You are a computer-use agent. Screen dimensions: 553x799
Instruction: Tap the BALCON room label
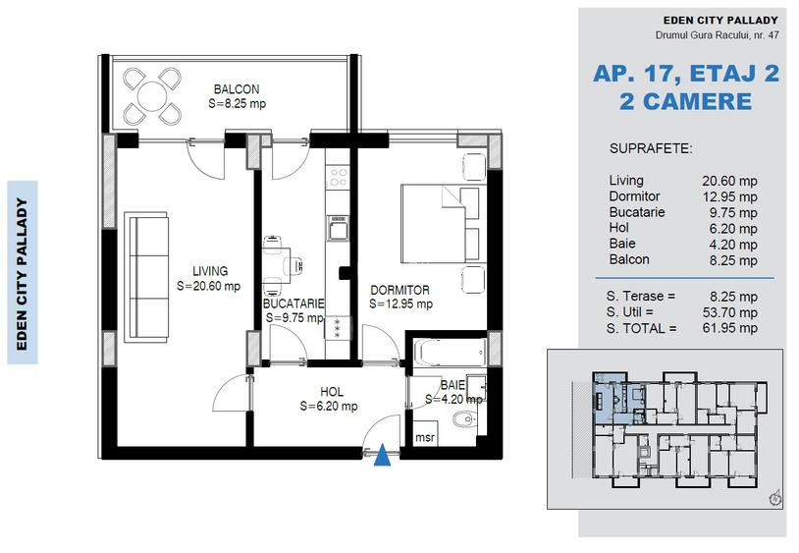point(236,89)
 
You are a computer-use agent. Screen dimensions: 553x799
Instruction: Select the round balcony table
point(153,95)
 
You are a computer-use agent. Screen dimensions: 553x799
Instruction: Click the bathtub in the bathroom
point(448,352)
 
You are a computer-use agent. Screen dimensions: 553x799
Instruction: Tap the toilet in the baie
point(458,421)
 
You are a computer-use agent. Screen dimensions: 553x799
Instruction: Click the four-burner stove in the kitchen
point(339,178)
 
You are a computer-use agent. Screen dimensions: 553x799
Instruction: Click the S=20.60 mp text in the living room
point(208,286)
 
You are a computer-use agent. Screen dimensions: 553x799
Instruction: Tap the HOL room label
point(331,392)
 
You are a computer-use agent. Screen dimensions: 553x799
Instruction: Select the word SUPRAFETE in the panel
point(651,149)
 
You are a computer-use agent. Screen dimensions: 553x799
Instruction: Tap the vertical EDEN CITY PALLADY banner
point(22,272)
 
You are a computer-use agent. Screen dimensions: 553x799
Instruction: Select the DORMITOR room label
point(399,291)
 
